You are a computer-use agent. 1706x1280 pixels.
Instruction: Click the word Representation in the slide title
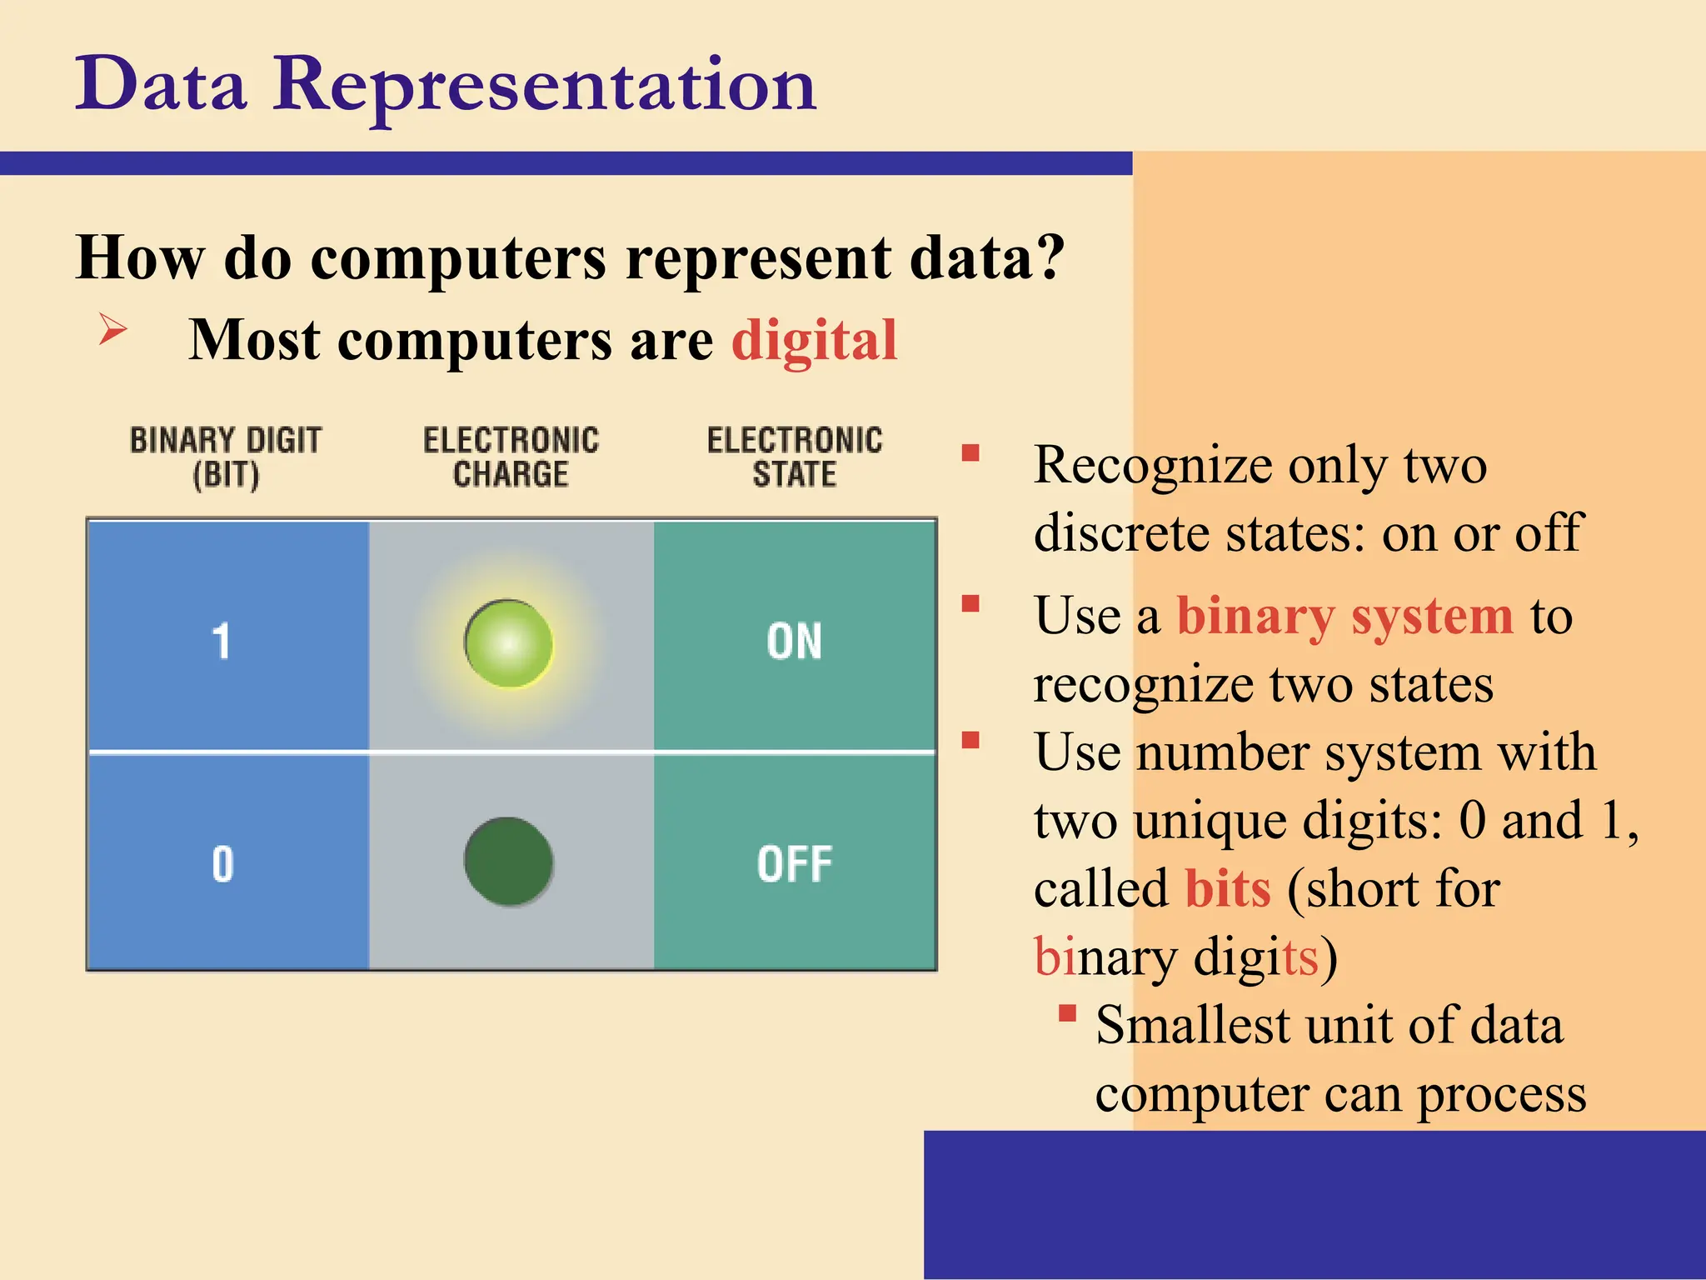coord(546,85)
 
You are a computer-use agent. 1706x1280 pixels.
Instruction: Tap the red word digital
coord(814,340)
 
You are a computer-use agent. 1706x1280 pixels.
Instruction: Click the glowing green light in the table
coord(508,643)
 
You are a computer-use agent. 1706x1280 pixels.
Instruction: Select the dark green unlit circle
coord(508,862)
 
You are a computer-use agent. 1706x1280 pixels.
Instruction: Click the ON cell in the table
coord(794,642)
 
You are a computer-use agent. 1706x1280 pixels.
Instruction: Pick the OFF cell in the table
coord(794,863)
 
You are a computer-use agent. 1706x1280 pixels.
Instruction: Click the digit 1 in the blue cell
coord(221,642)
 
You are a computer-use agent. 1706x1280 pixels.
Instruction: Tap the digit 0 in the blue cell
coord(222,863)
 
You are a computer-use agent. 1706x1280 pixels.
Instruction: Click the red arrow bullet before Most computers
coord(112,329)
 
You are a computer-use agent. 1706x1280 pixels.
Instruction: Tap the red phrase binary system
coord(1344,617)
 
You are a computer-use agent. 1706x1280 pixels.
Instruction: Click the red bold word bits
coord(1228,888)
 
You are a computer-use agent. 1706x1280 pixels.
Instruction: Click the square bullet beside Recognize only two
coord(970,453)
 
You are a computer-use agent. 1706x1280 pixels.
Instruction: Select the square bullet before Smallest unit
coord(1067,1013)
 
